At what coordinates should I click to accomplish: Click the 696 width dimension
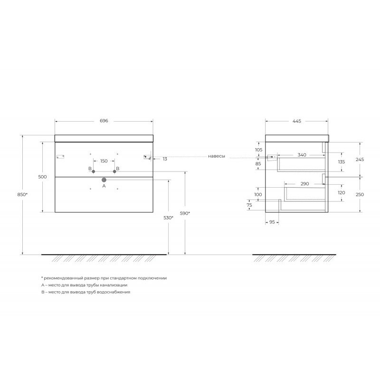click(104, 121)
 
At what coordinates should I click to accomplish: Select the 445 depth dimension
click(296, 121)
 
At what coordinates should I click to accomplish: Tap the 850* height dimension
click(22, 194)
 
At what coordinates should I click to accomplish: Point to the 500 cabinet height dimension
click(42, 177)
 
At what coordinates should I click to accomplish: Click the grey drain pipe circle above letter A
click(104, 180)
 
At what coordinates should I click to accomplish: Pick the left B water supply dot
click(93, 171)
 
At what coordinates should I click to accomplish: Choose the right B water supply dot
click(114, 171)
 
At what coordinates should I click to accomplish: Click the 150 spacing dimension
click(104, 161)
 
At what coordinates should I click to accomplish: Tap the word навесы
click(217, 156)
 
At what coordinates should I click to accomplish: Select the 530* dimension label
click(169, 218)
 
